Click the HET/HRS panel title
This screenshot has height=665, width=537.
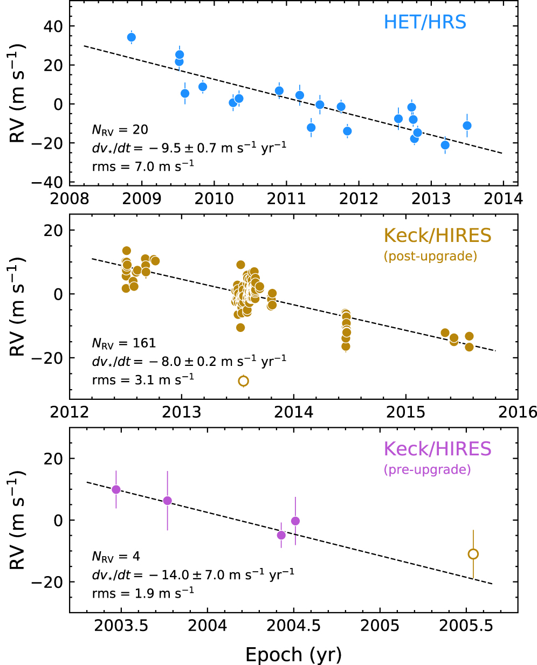click(425, 22)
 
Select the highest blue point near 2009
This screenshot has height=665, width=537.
click(132, 37)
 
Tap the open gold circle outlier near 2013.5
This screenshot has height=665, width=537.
click(243, 381)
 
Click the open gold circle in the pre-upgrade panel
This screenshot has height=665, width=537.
click(473, 554)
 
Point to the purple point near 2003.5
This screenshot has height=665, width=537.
click(116, 489)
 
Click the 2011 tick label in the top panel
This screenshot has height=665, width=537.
click(286, 199)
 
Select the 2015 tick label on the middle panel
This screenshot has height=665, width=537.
click(405, 412)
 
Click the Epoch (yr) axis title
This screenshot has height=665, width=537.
click(293, 655)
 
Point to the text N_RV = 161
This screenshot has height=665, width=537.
click(124, 343)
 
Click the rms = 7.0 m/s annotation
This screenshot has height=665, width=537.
click(143, 167)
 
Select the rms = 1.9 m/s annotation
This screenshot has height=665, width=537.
click(143, 592)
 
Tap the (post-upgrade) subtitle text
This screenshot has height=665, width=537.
click(430, 256)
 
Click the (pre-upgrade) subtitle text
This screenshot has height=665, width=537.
click(427, 470)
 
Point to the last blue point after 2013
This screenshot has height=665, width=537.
click(467, 126)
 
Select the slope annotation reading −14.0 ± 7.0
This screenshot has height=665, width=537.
click(193, 574)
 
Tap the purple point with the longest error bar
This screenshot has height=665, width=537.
click(168, 501)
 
